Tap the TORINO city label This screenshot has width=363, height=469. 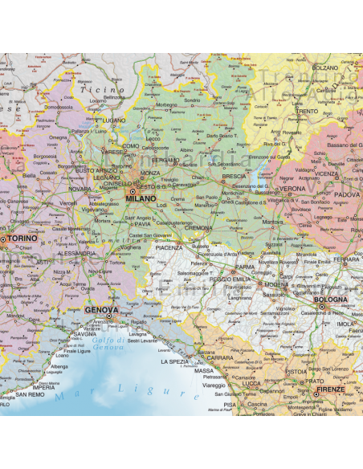click(x=22, y=239)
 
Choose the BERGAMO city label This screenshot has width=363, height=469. click(x=166, y=160)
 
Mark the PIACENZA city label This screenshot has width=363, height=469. click(x=169, y=248)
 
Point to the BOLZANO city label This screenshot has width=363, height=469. click(x=325, y=68)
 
